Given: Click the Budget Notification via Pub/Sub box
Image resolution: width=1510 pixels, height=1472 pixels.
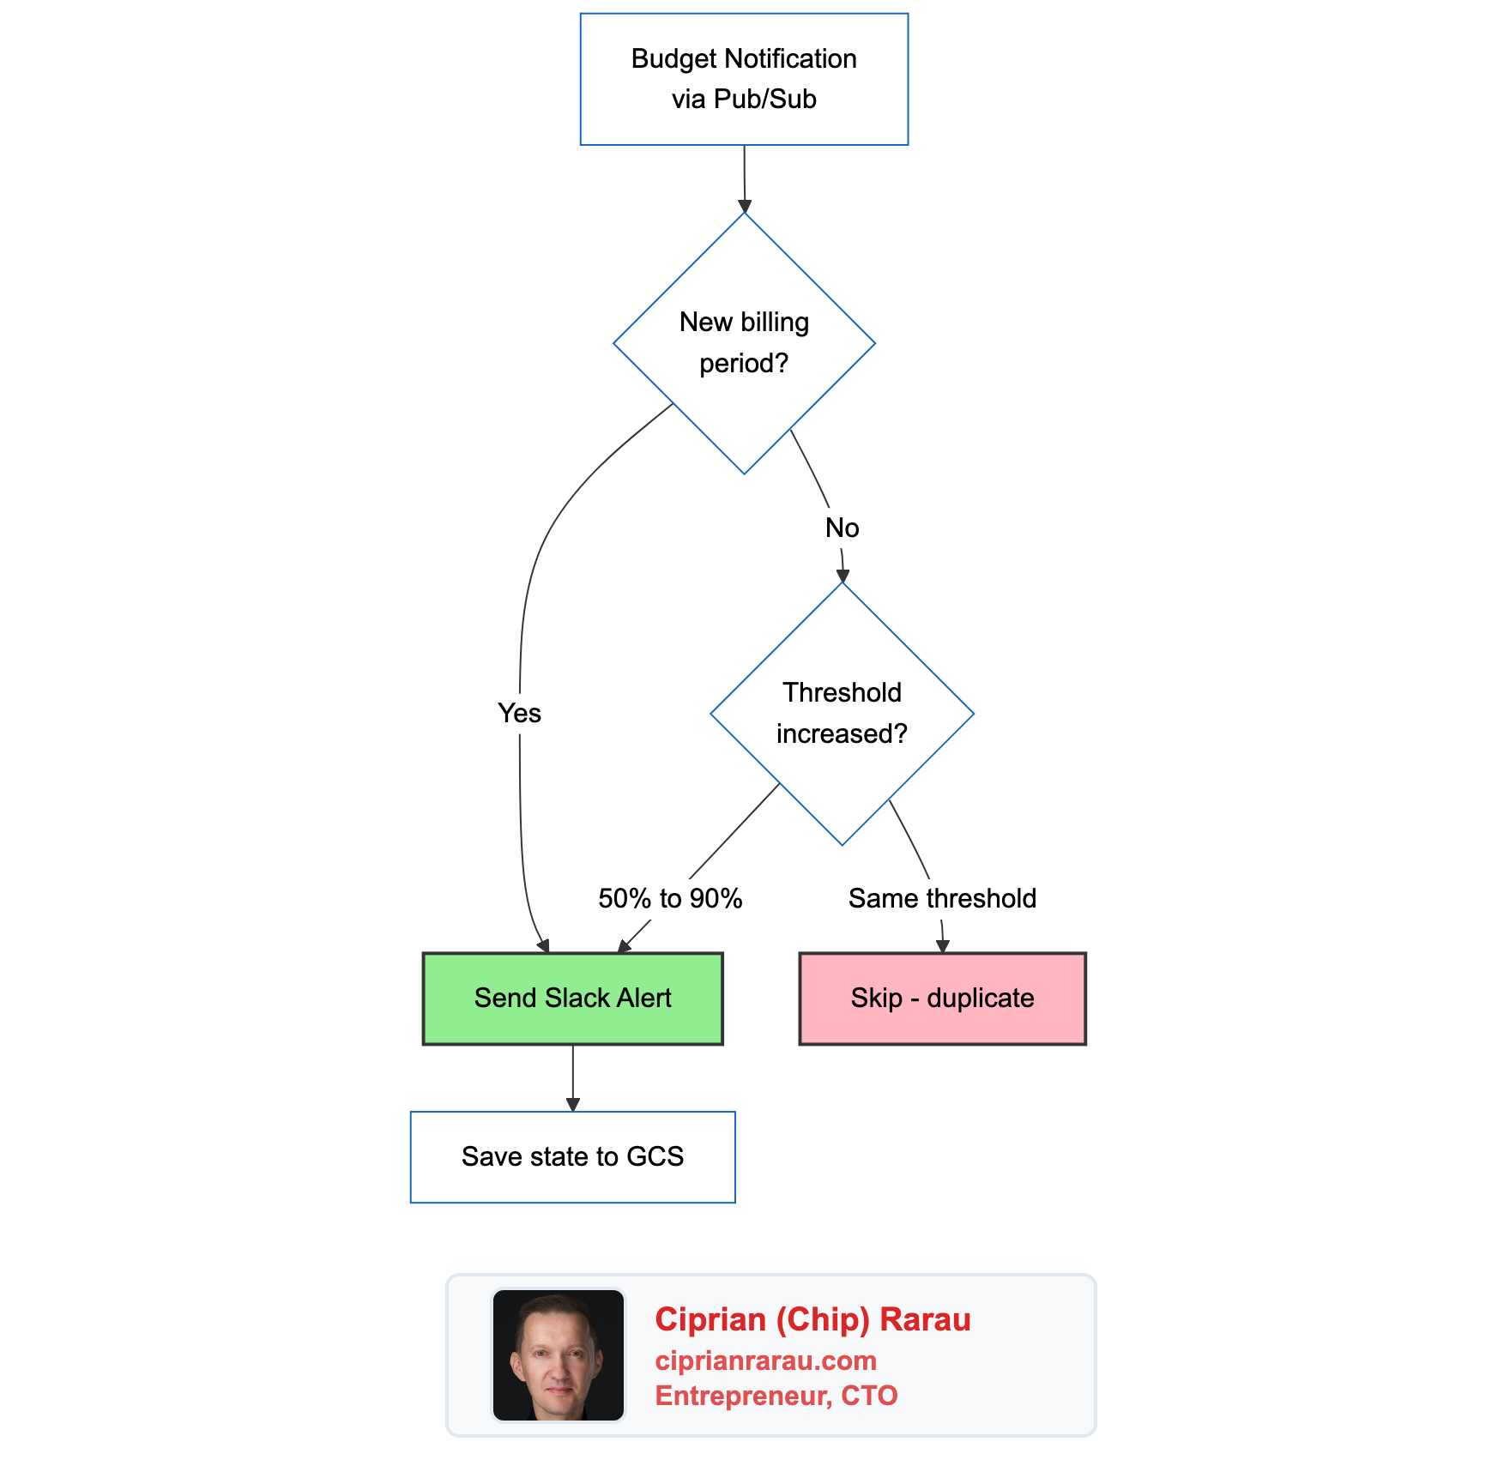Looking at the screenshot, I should [744, 79].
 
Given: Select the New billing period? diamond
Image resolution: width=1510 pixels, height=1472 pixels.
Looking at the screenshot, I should [744, 343].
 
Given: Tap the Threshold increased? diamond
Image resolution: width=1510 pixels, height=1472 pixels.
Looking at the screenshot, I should [842, 714].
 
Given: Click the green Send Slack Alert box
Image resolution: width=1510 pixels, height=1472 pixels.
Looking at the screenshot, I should [572, 998].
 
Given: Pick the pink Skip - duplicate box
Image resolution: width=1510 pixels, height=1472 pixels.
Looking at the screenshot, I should [942, 998].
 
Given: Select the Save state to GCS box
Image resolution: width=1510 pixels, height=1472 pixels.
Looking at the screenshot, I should [572, 1157].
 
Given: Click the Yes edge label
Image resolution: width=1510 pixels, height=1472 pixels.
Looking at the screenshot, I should [519, 713].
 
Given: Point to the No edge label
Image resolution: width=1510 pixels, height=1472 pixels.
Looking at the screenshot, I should [842, 528].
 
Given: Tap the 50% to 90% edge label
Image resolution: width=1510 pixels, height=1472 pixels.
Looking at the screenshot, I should [670, 898].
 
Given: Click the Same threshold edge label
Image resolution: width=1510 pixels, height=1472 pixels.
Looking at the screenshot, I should [942, 898].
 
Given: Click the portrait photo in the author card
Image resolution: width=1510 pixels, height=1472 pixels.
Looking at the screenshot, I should [558, 1355].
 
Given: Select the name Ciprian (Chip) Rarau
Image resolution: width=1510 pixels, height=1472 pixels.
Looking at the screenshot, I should [812, 1319].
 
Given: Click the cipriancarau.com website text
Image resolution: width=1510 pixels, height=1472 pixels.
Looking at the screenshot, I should [765, 1360].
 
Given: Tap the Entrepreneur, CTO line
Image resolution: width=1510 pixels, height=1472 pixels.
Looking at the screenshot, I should [776, 1396].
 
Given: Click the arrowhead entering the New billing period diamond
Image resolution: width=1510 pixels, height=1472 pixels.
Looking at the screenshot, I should [745, 207].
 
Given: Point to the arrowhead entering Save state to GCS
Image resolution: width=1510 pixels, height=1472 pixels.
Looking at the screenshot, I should [573, 1105].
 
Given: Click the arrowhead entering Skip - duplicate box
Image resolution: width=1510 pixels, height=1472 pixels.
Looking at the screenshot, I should [943, 946].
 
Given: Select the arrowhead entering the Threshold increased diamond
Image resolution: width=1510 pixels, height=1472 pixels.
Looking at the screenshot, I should [843, 576].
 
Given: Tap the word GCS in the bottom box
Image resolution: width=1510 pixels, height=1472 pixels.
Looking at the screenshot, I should [655, 1157].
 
